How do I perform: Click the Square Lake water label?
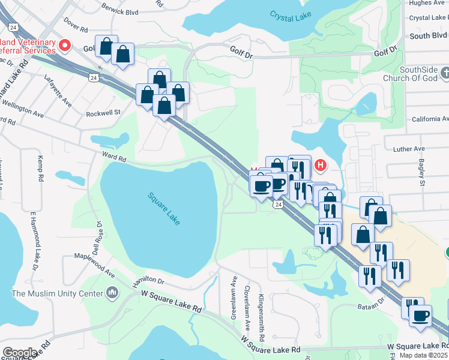pos(164,208)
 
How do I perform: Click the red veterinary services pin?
pos(65,45)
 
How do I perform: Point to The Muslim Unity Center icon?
pos(112,292)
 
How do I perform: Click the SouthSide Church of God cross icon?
pos(445,73)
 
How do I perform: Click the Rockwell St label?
pos(103,112)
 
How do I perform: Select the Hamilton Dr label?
pos(148,280)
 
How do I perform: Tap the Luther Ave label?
pos(409,149)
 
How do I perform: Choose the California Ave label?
pos(430,119)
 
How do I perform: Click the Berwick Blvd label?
pos(120,11)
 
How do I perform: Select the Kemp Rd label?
pos(41,170)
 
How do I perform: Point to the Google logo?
pos(20,353)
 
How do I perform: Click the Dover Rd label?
pos(76,26)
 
